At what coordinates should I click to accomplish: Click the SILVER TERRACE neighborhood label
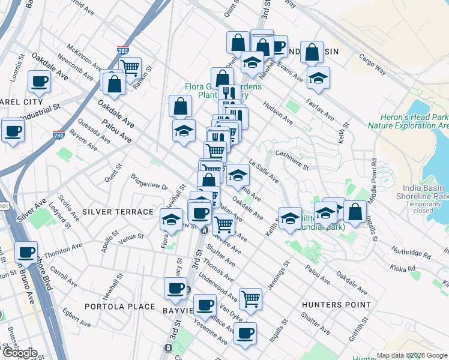tap(118, 212)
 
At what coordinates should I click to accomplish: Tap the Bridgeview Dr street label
tap(149, 182)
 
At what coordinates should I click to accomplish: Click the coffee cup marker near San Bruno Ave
tap(26, 253)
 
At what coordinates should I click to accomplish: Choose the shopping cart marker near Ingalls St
tap(250, 298)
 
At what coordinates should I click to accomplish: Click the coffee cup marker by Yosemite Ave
tap(245, 334)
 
